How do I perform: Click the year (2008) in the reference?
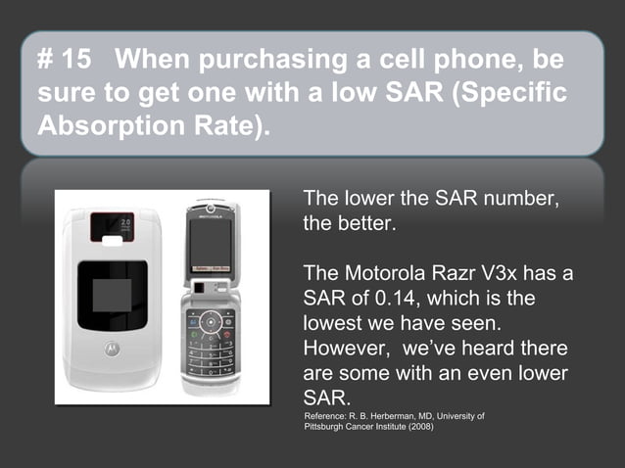[413, 427]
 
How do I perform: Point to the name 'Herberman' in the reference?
[397, 416]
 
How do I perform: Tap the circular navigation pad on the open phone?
[211, 321]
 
